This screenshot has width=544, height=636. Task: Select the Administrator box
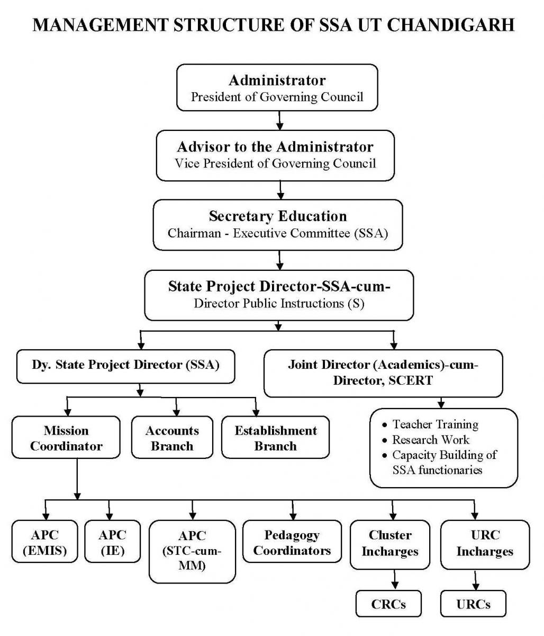click(x=277, y=88)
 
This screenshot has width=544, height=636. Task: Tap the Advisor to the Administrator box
click(x=275, y=154)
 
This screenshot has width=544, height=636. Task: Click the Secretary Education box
click(x=277, y=224)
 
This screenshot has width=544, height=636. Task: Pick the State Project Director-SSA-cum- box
click(x=279, y=294)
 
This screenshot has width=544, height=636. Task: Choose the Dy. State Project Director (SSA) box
click(x=125, y=366)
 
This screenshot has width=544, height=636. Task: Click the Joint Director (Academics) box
click(x=383, y=373)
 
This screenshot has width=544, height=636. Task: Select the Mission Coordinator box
click(x=66, y=438)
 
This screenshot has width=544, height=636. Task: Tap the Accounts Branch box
click(x=172, y=438)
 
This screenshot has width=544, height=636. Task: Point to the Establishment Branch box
click(x=275, y=438)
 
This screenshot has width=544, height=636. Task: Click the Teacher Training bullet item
click(x=435, y=425)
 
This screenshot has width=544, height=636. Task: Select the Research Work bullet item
click(x=430, y=440)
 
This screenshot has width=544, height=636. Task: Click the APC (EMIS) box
click(x=45, y=542)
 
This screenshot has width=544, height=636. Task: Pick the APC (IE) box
click(x=112, y=542)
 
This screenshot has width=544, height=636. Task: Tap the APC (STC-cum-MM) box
click(x=192, y=551)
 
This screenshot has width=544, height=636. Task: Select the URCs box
click(x=473, y=604)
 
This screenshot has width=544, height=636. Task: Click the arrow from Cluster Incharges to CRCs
click(x=392, y=579)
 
